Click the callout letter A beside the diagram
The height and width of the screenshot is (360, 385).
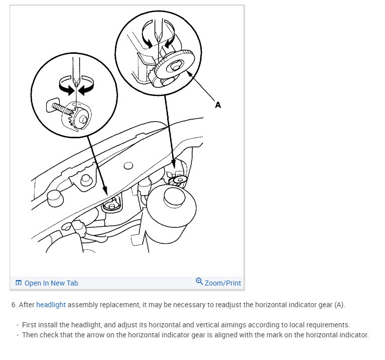218,105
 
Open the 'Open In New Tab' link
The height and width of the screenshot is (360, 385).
51,283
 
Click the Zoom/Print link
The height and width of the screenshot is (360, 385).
223,283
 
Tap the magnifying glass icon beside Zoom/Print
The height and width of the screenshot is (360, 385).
199,281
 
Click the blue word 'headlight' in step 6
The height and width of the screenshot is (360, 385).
51,305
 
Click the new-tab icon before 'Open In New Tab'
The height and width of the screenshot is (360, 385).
19,283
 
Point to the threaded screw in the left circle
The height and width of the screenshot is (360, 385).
62,110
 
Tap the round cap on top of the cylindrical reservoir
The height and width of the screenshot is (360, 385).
174,197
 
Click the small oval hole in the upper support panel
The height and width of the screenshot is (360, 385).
128,166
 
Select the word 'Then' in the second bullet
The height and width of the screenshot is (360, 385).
30,335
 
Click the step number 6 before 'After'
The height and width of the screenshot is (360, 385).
14,305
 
